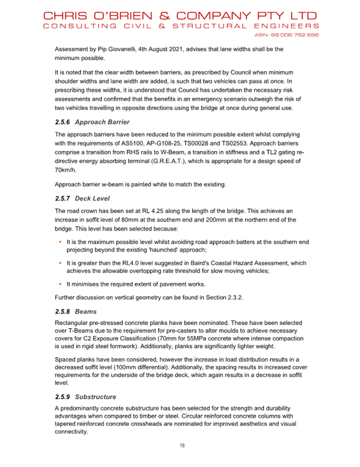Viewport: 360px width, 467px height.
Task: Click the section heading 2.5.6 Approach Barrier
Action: pyautogui.click(x=92, y=122)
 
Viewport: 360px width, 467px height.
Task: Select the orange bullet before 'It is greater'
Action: pyautogui.click(x=61, y=263)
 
